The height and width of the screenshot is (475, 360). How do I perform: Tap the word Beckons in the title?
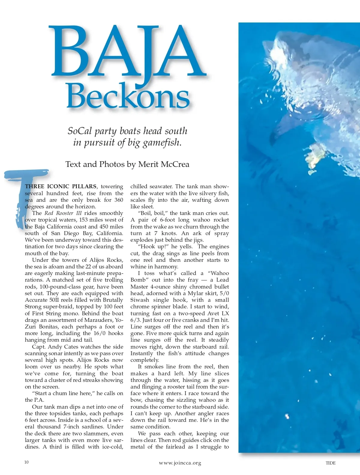(128, 95)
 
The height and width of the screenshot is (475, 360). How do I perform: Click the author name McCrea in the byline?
(175, 164)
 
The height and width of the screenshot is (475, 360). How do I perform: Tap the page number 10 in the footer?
(26, 462)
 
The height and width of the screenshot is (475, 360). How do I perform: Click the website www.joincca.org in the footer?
(180, 463)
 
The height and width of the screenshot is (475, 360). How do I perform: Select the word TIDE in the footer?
(331, 463)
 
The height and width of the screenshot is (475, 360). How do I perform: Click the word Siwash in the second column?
(140, 300)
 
